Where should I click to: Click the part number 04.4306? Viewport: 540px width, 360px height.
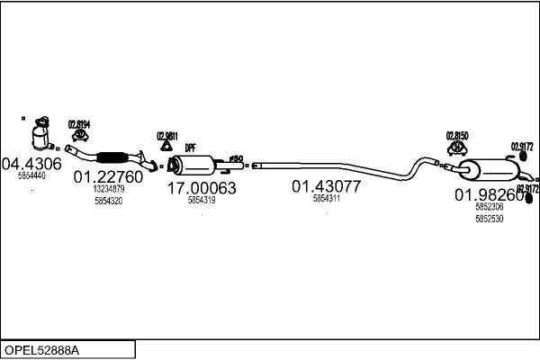[31, 164]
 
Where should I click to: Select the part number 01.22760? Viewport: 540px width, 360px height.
[108, 177]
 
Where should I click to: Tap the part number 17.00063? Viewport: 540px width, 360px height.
[202, 188]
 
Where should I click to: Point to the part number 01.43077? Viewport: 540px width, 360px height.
[326, 187]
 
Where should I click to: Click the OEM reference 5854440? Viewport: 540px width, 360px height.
[31, 175]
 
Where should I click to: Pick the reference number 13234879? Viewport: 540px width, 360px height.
[108, 190]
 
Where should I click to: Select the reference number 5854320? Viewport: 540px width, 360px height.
[108, 202]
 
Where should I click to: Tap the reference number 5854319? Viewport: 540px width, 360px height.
[202, 200]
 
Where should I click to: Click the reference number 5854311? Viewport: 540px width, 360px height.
[326, 199]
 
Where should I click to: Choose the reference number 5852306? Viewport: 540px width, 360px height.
[489, 207]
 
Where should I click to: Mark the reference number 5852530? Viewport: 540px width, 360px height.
[489, 218]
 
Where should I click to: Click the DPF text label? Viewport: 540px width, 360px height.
[190, 148]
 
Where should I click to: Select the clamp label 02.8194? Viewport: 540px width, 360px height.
[79, 123]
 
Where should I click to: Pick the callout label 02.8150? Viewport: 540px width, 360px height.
[458, 135]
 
